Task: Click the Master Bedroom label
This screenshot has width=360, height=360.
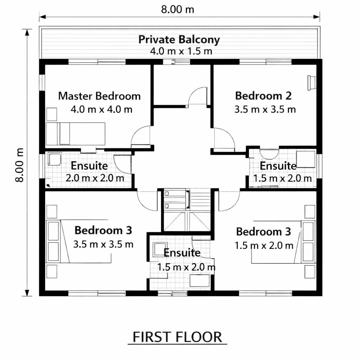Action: tap(99, 96)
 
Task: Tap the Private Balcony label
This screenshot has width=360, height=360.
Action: tap(179, 39)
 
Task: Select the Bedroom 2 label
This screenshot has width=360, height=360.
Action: tap(263, 96)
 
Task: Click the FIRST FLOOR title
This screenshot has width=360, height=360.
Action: tap(178, 337)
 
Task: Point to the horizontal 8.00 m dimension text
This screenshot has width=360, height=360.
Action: tap(178, 9)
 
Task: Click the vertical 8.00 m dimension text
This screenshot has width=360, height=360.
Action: tap(20, 165)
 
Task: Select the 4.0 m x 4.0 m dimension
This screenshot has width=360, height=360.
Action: tap(102, 109)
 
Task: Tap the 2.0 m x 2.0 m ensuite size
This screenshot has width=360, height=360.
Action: tap(95, 178)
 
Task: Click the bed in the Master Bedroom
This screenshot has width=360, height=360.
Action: tap(76, 134)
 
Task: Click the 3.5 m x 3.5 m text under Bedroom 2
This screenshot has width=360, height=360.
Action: tap(265, 110)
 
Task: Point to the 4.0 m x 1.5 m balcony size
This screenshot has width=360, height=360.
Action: tap(181, 51)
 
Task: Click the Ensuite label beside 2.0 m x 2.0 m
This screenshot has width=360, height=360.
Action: tap(89, 166)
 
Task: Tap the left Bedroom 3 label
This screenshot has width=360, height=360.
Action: tap(103, 230)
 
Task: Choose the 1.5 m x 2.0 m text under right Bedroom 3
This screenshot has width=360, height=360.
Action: tap(264, 246)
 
